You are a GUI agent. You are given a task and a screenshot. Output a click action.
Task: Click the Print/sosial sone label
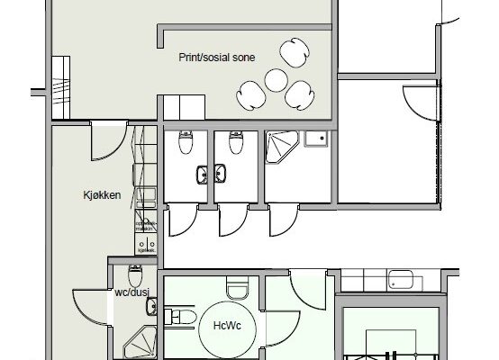click(x=216, y=57)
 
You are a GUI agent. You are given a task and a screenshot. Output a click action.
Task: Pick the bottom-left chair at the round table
click(x=250, y=91)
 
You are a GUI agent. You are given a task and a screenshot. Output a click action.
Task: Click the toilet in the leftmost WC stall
click(x=186, y=141)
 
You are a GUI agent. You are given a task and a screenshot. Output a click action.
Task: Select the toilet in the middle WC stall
click(x=237, y=141)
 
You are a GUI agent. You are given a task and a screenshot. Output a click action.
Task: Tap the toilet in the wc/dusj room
click(x=135, y=273)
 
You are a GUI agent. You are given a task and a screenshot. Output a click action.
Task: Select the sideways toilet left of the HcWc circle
click(x=178, y=314)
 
